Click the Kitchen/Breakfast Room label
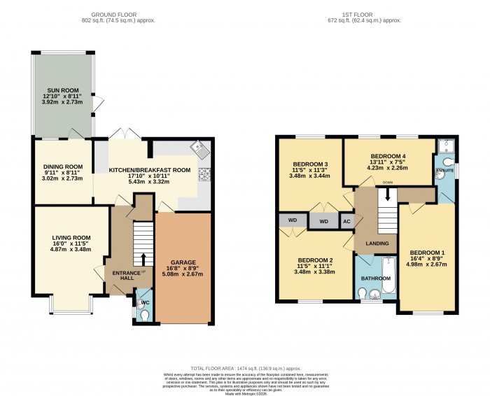tap(149, 170)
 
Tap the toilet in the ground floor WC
tap(143, 315)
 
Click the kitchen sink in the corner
tap(201, 148)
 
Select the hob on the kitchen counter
tap(206, 173)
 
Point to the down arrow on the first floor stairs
tap(384, 197)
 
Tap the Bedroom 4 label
tap(389, 155)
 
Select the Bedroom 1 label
tap(427, 253)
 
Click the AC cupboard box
tap(346, 221)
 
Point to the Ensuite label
tap(444, 170)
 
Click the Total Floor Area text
tap(244, 368)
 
